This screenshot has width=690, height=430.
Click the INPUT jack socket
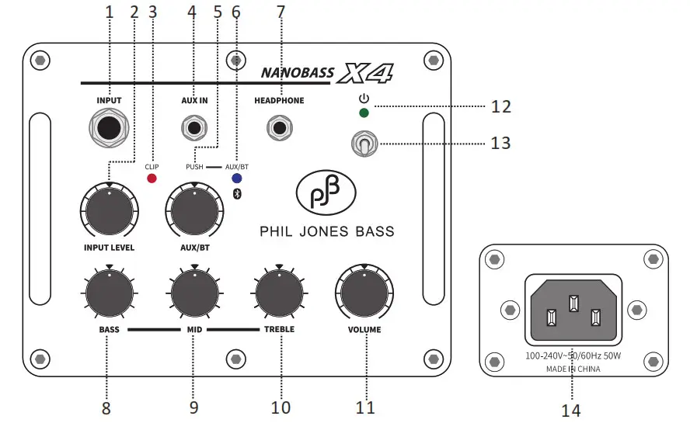[110, 128]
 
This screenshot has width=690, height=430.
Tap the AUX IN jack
[194, 127]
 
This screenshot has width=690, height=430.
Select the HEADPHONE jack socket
[279, 127]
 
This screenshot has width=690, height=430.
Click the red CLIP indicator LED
[152, 179]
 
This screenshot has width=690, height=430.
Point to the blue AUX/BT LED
[235, 178]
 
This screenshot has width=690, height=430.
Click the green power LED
[363, 113]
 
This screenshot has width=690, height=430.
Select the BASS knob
[110, 293]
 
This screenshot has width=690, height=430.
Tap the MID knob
[194, 293]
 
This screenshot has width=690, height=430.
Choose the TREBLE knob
[279, 293]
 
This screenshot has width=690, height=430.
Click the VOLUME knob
[364, 293]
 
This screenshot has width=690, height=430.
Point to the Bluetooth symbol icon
[238, 193]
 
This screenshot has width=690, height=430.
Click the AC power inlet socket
[574, 310]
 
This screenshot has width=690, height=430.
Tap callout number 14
[570, 411]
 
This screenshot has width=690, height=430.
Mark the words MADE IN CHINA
[573, 369]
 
